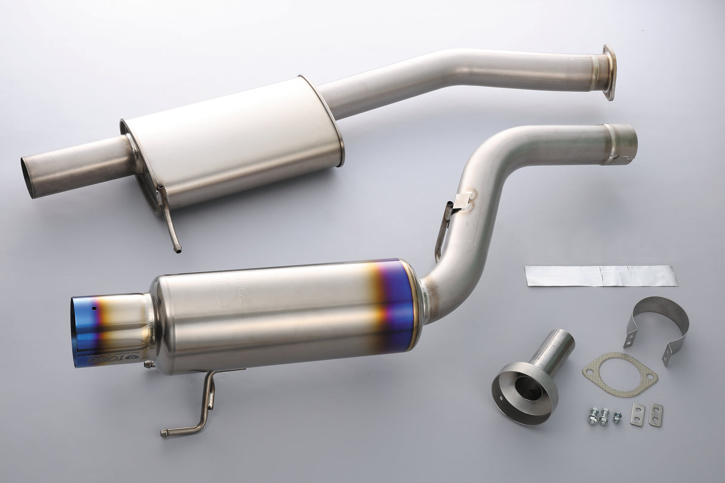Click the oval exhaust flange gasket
tap(620, 374)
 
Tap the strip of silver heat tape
tap(601, 275)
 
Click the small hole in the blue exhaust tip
tap(94, 309)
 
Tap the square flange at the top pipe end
tap(609, 72)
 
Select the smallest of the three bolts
tap(617, 416)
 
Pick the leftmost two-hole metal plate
tap(638, 414)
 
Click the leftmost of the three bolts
tap(593, 417)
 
